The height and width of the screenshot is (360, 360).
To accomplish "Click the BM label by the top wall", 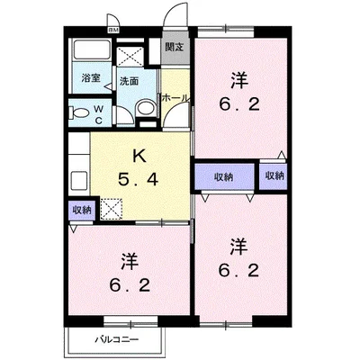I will tap(113, 30).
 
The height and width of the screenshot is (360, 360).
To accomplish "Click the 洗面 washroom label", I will tap(130, 80).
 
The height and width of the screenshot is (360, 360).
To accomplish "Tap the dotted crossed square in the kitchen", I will tap(113, 209).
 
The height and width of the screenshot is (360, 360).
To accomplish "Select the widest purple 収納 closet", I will tap(224, 175).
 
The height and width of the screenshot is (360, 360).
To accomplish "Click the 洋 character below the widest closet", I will tap(237, 245).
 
